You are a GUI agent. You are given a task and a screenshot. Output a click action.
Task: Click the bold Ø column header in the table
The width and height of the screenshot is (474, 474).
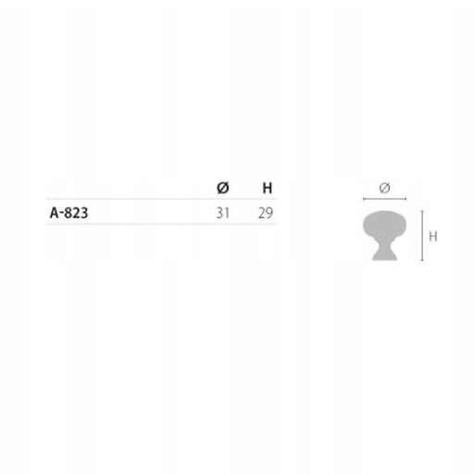(x=223, y=188)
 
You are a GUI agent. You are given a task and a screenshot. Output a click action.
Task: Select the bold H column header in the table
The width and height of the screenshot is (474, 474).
(x=268, y=188)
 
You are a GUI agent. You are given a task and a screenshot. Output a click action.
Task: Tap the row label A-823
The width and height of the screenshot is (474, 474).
(x=69, y=213)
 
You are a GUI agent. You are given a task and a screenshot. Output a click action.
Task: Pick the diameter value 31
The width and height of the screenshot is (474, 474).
(x=223, y=213)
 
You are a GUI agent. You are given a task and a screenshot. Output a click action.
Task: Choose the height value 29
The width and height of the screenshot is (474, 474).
(x=266, y=213)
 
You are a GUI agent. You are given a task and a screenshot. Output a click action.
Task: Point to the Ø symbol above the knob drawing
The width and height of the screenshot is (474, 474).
(x=384, y=188)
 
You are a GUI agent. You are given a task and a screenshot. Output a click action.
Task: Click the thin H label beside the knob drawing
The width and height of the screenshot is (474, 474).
(x=433, y=236)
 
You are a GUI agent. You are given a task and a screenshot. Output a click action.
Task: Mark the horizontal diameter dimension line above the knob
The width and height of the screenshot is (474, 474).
(x=384, y=199)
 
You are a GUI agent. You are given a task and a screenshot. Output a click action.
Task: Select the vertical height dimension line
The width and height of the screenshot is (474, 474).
(x=422, y=236)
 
